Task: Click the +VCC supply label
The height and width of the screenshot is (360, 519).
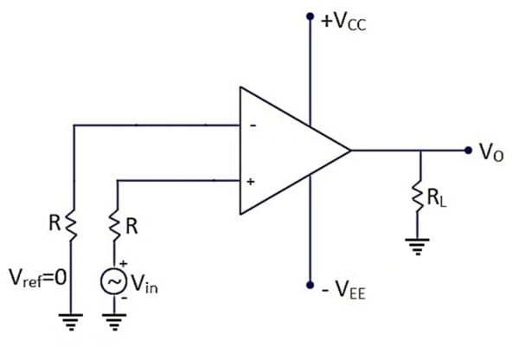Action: coord(344,21)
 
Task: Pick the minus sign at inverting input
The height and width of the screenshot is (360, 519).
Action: coord(252,125)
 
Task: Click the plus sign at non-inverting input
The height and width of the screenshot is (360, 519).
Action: coord(251,182)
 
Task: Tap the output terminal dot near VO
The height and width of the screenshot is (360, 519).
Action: coord(469,151)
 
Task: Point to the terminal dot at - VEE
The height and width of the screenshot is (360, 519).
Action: coord(310,285)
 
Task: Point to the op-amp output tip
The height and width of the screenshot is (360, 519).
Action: coord(350,151)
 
